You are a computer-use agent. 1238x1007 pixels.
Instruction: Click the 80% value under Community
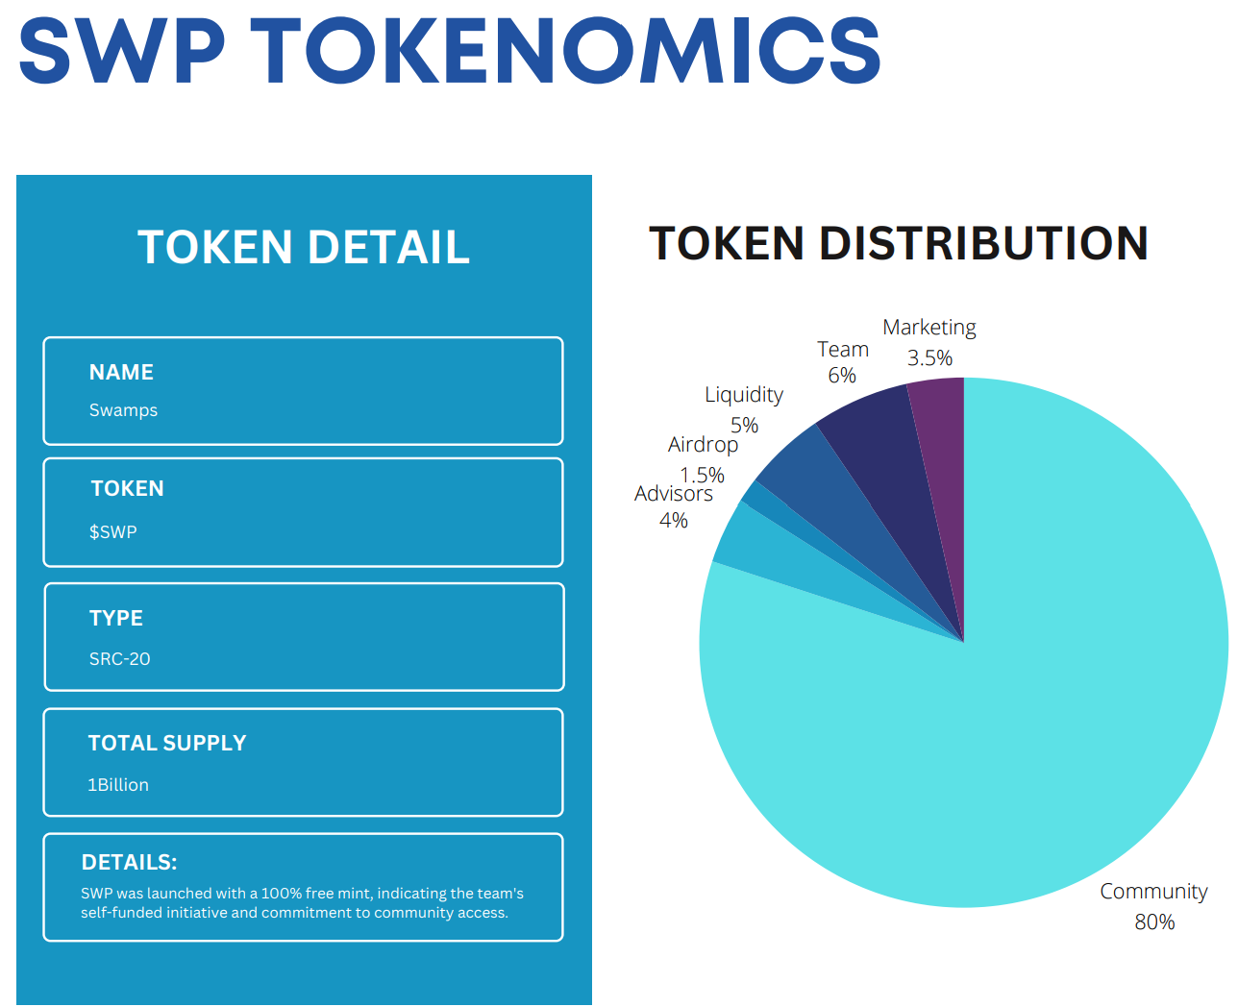click(x=1154, y=921)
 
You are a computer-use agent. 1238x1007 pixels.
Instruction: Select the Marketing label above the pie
click(x=929, y=328)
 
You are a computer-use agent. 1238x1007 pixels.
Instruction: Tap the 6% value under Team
click(x=842, y=375)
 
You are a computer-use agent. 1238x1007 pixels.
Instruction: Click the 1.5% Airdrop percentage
click(x=703, y=475)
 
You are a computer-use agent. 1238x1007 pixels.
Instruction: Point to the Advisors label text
click(x=674, y=494)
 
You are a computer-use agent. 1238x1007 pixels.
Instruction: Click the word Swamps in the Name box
click(x=123, y=410)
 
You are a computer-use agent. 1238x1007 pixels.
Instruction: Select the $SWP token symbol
click(x=113, y=531)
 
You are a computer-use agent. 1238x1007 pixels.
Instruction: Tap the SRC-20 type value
click(x=120, y=659)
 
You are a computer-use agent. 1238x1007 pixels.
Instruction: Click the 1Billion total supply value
click(x=118, y=785)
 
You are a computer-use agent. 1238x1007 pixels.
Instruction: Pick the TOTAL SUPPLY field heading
click(x=167, y=743)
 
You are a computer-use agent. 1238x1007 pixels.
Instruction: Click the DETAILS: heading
click(x=130, y=862)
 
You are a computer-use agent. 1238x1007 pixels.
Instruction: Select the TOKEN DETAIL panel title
click(x=304, y=247)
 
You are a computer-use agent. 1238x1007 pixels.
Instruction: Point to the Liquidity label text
click(x=744, y=395)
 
